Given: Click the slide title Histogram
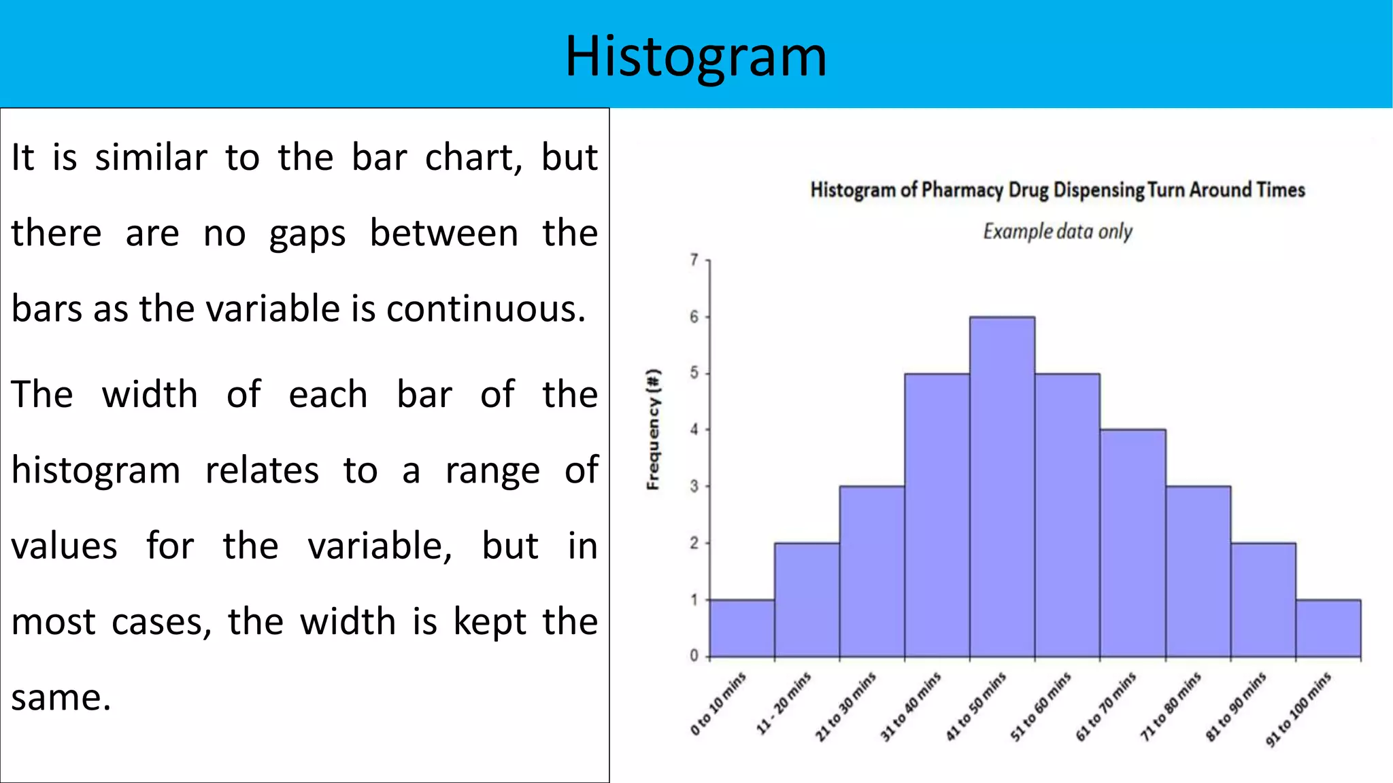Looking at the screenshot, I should coord(696,57).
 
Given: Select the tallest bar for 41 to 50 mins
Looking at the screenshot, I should coord(1003,487).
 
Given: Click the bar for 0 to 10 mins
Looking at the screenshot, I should coord(742,628).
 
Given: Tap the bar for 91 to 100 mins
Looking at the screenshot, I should coord(1328,628).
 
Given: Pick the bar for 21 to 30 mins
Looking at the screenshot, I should coord(872,571).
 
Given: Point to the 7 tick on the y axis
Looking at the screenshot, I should coord(694,260).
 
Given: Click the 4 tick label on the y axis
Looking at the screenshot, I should coord(694,430).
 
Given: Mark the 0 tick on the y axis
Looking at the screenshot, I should coord(694,655).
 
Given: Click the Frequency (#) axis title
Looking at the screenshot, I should coord(653,430).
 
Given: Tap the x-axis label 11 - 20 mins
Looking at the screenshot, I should coord(784,703).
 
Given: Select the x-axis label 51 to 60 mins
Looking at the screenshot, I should coord(1041,706).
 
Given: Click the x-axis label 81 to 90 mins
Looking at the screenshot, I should coord(1236,706).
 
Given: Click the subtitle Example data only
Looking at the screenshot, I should coord(1057,232).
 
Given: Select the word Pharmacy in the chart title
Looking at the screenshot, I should coord(962,190).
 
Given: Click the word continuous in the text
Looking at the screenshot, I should coord(486,309).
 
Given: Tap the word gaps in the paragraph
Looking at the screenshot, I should coord(307,234).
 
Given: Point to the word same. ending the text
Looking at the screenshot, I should coord(61,698).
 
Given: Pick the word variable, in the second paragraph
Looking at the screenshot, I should coord(380,546).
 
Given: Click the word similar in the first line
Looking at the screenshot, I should coord(151,158).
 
